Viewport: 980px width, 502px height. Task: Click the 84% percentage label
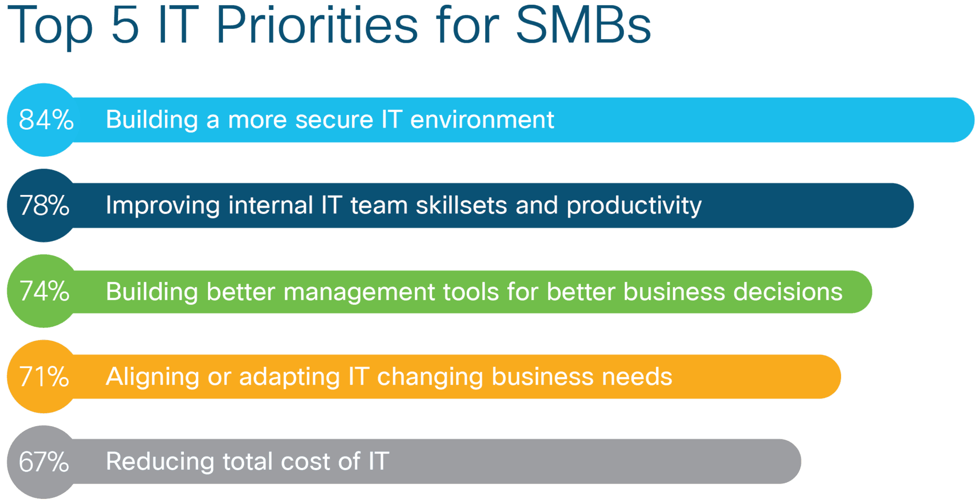[x=46, y=120]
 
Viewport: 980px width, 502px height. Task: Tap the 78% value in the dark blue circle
[x=44, y=206]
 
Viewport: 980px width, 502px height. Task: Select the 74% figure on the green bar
[x=44, y=291]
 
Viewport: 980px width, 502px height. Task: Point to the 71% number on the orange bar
[x=44, y=376]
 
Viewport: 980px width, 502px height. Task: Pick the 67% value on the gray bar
[x=44, y=462]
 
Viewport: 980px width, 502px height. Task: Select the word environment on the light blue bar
[x=482, y=120]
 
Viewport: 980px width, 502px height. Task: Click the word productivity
[x=634, y=206]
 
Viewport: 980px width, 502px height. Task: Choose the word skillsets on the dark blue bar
[x=461, y=206]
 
